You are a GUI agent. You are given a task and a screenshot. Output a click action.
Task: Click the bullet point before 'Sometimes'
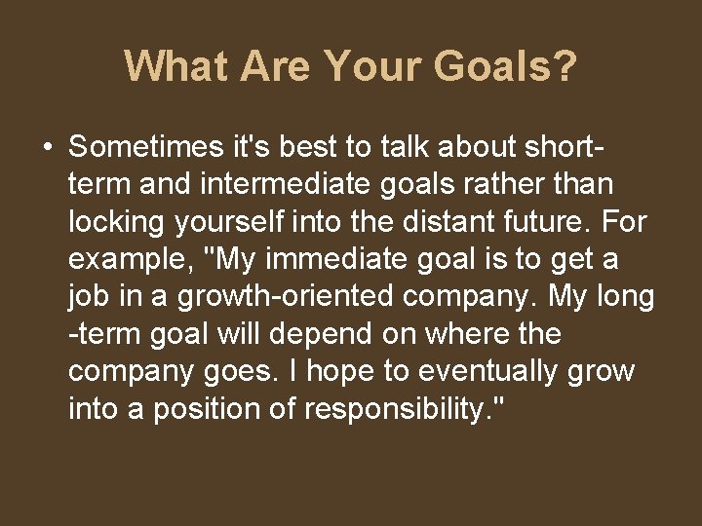pyautogui.click(x=47, y=147)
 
